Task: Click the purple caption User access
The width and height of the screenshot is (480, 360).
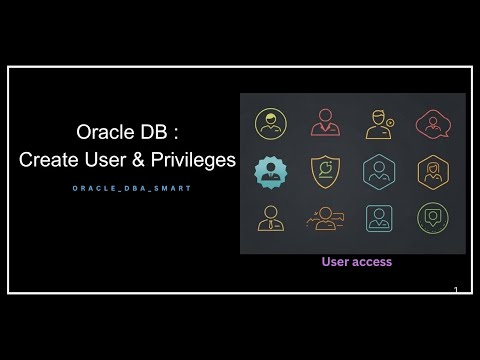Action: click(356, 262)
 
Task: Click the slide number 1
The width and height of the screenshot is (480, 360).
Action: click(456, 290)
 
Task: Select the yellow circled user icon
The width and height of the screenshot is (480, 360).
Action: click(271, 124)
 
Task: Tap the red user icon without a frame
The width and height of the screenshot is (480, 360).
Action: click(326, 123)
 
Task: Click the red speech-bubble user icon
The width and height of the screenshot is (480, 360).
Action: click(433, 124)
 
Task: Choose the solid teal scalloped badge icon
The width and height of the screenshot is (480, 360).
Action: click(270, 171)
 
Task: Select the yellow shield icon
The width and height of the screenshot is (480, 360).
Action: click(325, 171)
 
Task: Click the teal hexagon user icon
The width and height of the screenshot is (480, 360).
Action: click(380, 171)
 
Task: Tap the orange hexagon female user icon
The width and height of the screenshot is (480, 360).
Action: click(433, 171)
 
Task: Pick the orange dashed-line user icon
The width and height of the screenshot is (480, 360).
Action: click(326, 218)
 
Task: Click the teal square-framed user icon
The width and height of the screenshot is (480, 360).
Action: click(379, 218)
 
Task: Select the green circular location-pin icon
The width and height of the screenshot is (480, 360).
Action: click(433, 218)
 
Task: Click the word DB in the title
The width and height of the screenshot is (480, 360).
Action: click(146, 132)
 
